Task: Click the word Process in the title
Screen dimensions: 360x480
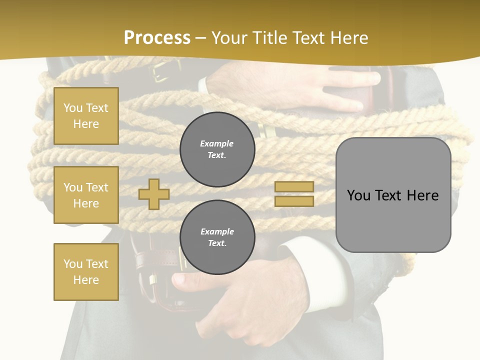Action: pyautogui.click(x=157, y=37)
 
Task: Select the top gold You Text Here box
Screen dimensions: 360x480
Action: pyautogui.click(x=86, y=116)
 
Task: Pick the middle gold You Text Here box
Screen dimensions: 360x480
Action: pyautogui.click(x=86, y=195)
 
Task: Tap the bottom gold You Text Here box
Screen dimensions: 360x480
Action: pyautogui.click(x=86, y=272)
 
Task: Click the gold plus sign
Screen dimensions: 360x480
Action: pyautogui.click(x=154, y=194)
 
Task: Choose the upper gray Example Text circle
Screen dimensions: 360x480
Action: pyautogui.click(x=217, y=149)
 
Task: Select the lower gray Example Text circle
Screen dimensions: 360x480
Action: pyautogui.click(x=217, y=237)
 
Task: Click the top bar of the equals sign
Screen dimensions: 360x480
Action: pyautogui.click(x=294, y=186)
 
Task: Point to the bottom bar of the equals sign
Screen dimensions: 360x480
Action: pyautogui.click(x=294, y=201)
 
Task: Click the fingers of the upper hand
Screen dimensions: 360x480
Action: pyautogui.click(x=350, y=90)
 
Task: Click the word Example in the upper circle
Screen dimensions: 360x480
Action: pyautogui.click(x=217, y=143)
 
